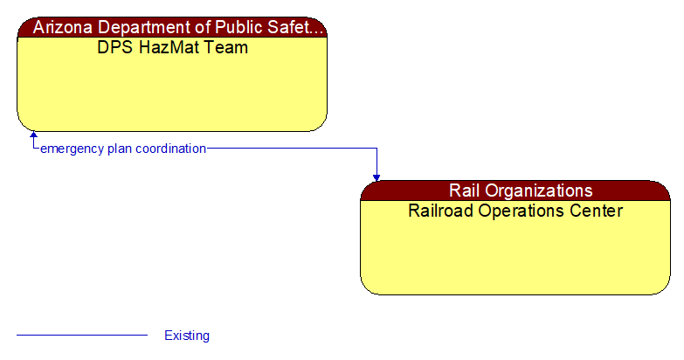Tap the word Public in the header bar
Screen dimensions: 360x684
coord(234,27)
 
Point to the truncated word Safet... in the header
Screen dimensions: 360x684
coord(294,27)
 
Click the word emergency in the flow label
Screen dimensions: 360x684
coord(72,149)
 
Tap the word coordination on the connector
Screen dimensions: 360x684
coord(171,149)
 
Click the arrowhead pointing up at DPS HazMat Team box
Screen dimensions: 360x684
coord(33,136)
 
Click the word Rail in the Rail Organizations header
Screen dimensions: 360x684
coord(466,190)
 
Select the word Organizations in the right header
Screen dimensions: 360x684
coord(538,190)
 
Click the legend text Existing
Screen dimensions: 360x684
coord(187,336)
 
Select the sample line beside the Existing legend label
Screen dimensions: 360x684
coord(82,335)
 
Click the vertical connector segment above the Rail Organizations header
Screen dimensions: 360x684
coord(377,161)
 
